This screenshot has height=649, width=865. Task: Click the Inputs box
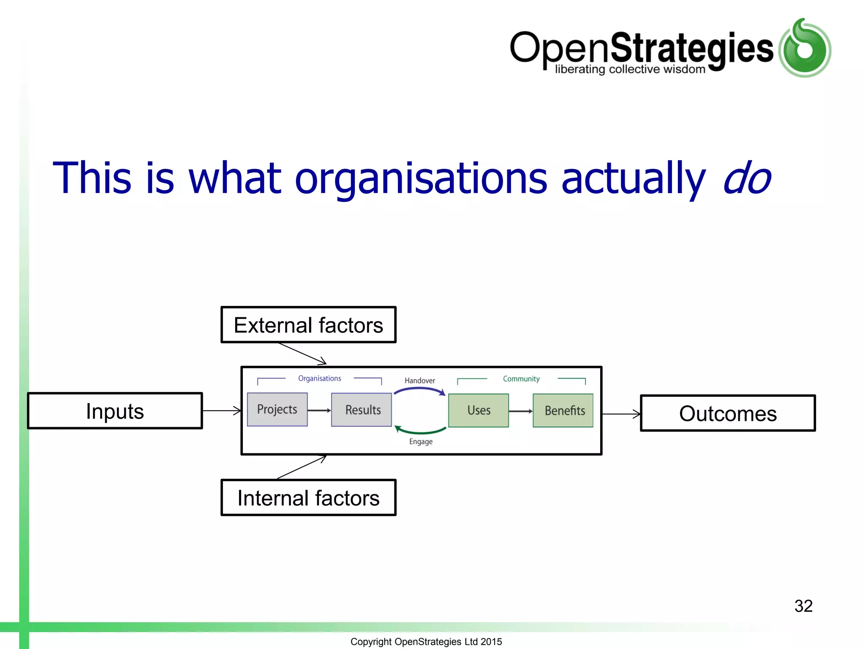(x=115, y=411)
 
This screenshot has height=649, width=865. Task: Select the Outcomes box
(x=728, y=413)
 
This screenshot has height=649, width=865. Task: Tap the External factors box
(x=308, y=325)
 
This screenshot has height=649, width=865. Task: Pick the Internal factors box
(x=308, y=498)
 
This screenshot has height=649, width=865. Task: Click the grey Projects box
(x=277, y=409)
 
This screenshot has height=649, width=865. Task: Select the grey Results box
(x=362, y=410)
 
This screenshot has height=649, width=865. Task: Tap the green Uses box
(x=479, y=410)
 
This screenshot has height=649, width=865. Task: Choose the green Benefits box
(x=563, y=410)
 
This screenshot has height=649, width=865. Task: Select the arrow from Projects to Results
(x=319, y=410)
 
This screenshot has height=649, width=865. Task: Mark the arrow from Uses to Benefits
(x=520, y=411)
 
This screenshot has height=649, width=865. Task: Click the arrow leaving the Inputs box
(x=222, y=410)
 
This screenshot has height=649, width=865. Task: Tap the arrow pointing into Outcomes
(x=621, y=414)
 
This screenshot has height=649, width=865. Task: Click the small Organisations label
(x=319, y=378)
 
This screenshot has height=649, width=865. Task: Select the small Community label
(x=521, y=379)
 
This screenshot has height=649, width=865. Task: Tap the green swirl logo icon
(x=805, y=48)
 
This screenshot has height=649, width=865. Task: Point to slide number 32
(x=803, y=606)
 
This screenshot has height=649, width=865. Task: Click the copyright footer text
(x=426, y=641)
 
